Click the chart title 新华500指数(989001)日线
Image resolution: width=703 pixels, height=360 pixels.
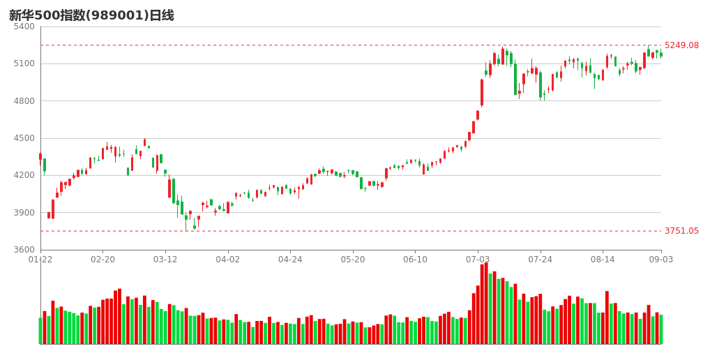pyautogui.click(x=91, y=15)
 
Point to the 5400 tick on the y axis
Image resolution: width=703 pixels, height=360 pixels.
pyautogui.click(x=24, y=27)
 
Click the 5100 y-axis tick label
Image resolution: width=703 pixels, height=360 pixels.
pyautogui.click(x=24, y=63)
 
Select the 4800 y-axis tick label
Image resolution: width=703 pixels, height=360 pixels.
pyautogui.click(x=24, y=101)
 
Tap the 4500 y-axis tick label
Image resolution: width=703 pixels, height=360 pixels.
pyautogui.click(x=24, y=138)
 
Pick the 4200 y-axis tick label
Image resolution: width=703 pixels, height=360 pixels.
pyautogui.click(x=24, y=175)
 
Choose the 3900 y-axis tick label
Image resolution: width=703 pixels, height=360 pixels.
pyautogui.click(x=24, y=213)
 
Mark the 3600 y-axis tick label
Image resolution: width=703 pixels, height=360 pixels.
pyautogui.click(x=24, y=250)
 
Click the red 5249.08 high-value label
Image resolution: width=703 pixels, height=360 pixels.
pyautogui.click(x=681, y=45)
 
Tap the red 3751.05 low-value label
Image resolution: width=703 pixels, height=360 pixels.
pyautogui.click(x=681, y=231)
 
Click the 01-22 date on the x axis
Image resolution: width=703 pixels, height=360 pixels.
pyautogui.click(x=40, y=260)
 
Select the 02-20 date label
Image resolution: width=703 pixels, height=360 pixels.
pyautogui.click(x=103, y=260)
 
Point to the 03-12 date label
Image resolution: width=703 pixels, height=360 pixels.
pyautogui.click(x=165, y=260)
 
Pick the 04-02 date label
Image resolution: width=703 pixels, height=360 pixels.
pyautogui.click(x=228, y=260)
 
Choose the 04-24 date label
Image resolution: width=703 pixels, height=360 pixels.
pyautogui.click(x=290, y=260)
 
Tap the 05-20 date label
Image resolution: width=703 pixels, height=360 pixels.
pyautogui.click(x=353, y=260)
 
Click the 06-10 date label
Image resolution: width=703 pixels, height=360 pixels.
pyautogui.click(x=415, y=260)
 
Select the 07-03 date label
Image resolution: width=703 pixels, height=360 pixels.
pyautogui.click(x=478, y=260)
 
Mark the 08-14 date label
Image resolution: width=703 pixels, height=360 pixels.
pyautogui.click(x=603, y=260)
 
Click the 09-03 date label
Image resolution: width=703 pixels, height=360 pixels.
pyautogui.click(x=661, y=260)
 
